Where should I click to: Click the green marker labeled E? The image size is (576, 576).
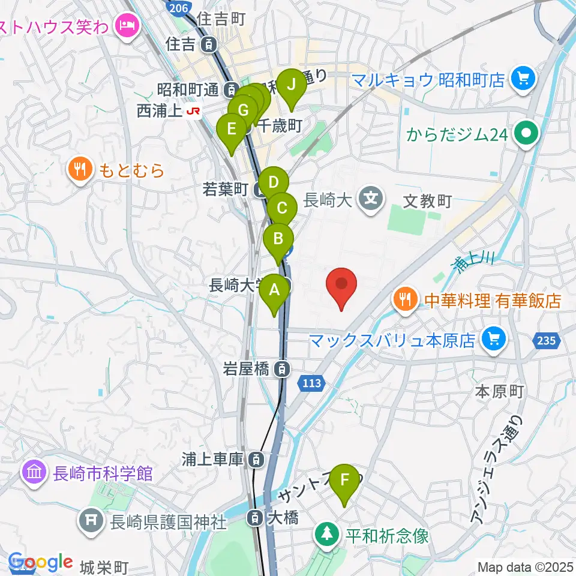click(230, 130)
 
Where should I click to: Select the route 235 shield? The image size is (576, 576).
click(546, 341)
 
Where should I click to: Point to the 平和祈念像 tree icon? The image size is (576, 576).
click(328, 533)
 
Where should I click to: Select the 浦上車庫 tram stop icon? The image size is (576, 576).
click(256, 460)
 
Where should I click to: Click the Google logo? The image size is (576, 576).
click(41, 562)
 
